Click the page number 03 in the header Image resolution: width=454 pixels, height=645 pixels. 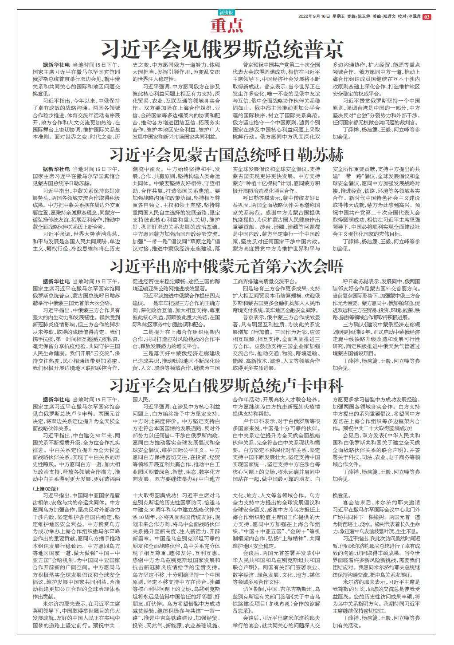pos(427,17)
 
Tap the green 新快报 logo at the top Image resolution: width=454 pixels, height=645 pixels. pos(227,12)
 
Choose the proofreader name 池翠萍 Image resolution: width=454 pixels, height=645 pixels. pos(413,17)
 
